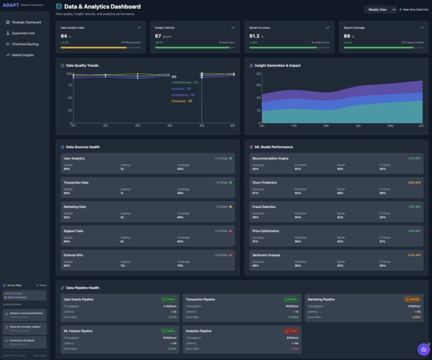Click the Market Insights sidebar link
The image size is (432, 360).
(23, 55)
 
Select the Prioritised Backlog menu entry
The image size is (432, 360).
(25, 44)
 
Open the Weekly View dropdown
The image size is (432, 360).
(380, 9)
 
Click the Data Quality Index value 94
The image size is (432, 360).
(64, 36)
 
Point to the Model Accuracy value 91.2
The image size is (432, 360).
(254, 36)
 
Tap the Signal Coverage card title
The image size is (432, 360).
(355, 28)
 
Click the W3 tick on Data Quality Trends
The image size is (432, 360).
(138, 126)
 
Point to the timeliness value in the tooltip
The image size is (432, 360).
(182, 101)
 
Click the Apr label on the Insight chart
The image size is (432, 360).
(358, 126)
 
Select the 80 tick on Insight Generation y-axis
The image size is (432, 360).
(258, 74)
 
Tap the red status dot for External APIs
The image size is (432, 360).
(231, 255)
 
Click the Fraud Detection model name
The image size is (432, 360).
(264, 207)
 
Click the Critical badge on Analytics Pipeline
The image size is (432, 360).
(291, 330)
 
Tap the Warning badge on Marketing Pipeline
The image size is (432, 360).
(413, 299)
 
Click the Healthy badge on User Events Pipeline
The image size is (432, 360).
(169, 299)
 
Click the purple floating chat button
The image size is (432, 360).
(423, 349)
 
